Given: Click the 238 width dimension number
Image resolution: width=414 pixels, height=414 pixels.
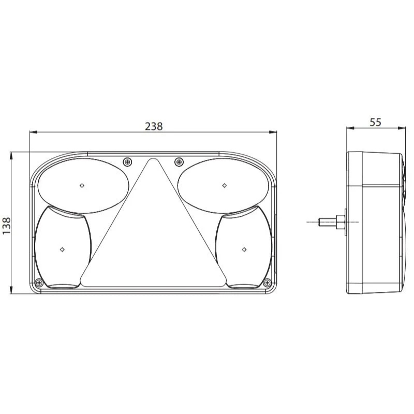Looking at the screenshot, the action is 154,126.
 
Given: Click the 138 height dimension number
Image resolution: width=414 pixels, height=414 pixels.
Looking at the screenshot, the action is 6,226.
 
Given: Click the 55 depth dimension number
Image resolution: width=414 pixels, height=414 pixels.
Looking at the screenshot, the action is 376,122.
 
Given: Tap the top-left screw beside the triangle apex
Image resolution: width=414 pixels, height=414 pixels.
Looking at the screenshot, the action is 128,162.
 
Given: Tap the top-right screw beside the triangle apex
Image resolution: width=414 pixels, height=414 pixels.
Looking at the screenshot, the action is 179,161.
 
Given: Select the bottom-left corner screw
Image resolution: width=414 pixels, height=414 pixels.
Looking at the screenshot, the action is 39,283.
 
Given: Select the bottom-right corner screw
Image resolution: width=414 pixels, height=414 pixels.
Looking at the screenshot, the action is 268,283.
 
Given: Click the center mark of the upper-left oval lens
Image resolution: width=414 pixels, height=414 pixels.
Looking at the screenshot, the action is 82,185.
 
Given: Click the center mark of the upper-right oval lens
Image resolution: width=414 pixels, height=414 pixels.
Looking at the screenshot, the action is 225,185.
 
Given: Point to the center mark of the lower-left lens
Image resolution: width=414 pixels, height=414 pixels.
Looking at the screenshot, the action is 62,249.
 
